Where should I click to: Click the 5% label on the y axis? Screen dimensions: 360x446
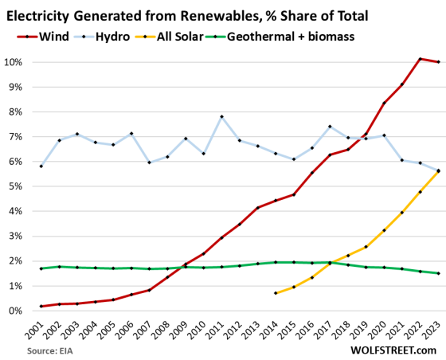tap(16, 186)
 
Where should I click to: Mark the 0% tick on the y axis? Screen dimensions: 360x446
tap(16, 311)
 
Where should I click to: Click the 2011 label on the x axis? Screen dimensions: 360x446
tap(221, 330)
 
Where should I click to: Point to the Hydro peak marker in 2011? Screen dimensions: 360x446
tap(221, 117)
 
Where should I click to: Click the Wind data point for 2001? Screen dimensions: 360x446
tap(41, 306)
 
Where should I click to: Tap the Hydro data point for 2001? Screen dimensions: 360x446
tap(41, 166)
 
